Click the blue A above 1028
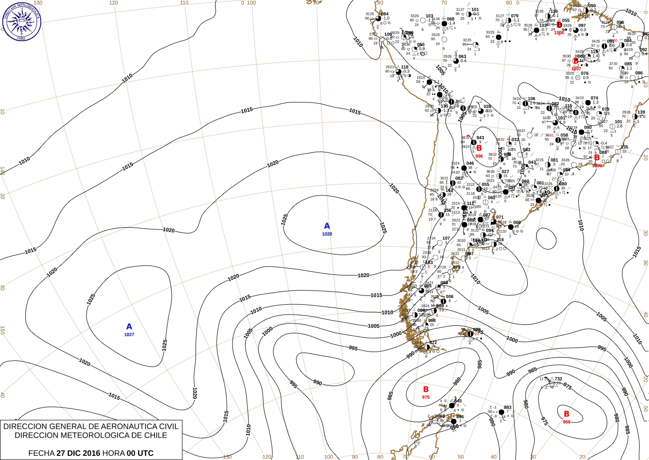point(327,226)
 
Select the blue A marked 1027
point(129,326)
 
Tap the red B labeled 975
point(426,389)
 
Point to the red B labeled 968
point(567,414)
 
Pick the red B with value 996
point(479,148)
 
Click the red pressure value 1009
point(597,165)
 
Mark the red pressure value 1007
point(576,69)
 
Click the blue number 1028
point(327,234)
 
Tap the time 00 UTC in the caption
point(140,453)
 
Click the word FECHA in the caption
point(41,453)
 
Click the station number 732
point(558,379)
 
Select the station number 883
point(508,407)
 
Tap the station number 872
point(433,343)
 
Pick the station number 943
point(480,138)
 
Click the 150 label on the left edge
point(2,330)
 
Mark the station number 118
point(405,67)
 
